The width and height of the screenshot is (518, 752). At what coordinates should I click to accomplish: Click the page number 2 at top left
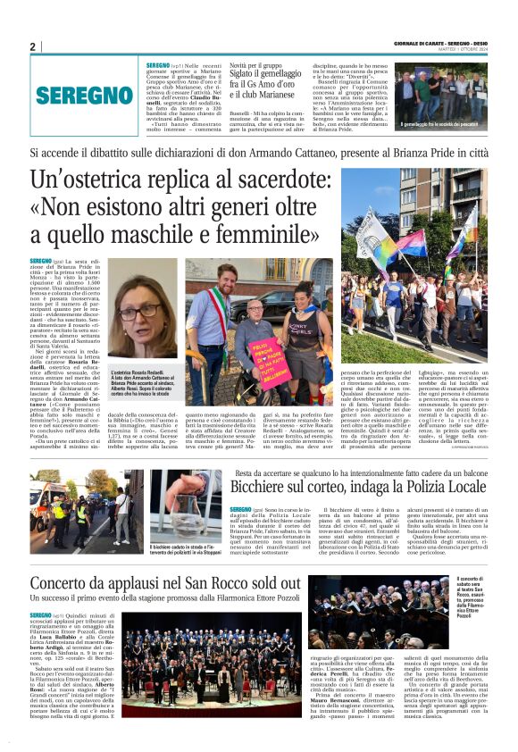[x=33, y=47]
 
